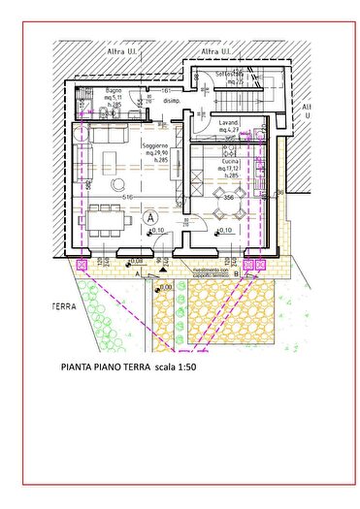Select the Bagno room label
(115, 91)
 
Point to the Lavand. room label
(229, 123)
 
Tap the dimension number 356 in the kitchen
(229, 198)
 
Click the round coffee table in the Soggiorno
(117, 183)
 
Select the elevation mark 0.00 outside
(165, 287)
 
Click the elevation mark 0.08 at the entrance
(137, 261)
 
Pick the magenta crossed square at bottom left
(82, 262)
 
